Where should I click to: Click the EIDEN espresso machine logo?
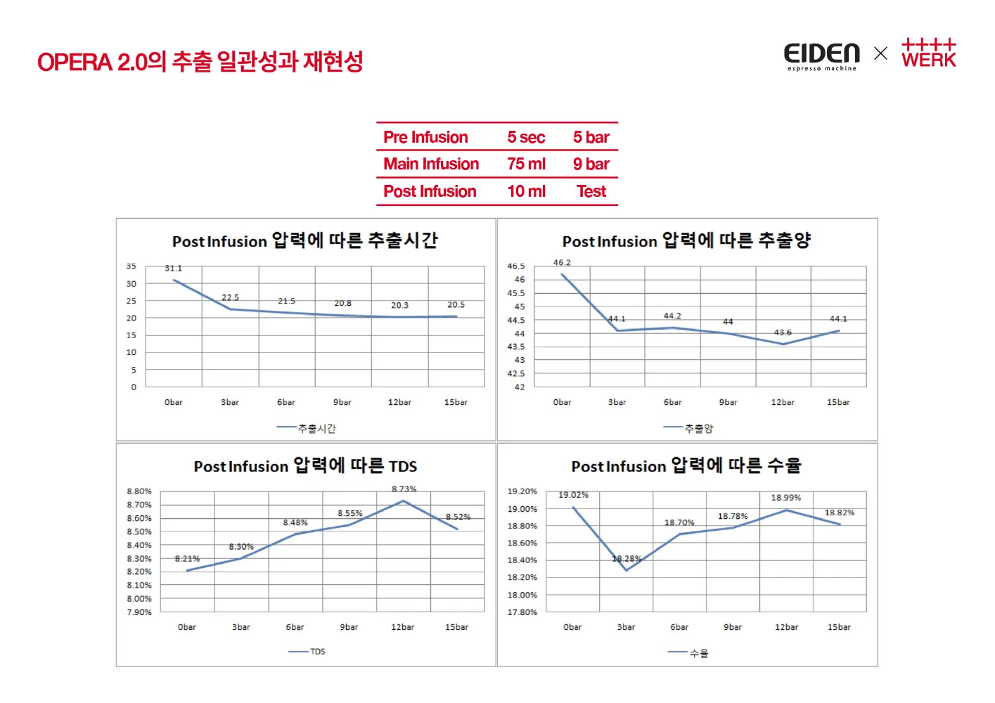(x=821, y=56)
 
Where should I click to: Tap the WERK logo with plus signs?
(x=928, y=53)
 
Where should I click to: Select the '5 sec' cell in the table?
(x=526, y=137)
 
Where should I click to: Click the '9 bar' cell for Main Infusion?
(x=591, y=164)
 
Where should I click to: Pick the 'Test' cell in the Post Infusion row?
(x=591, y=191)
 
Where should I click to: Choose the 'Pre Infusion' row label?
(x=425, y=137)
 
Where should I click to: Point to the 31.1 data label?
(x=173, y=269)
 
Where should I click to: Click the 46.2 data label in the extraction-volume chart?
(x=562, y=263)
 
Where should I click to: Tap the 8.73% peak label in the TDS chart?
(x=404, y=489)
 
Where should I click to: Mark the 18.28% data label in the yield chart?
(x=626, y=559)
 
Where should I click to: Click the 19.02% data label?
(x=573, y=495)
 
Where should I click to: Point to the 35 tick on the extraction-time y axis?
(x=131, y=266)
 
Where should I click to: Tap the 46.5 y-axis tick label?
(x=516, y=266)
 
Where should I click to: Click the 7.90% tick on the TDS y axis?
(x=139, y=612)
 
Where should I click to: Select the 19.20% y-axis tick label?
(x=522, y=491)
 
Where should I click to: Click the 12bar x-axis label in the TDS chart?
(x=402, y=627)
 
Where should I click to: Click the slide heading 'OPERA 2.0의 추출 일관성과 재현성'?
(x=200, y=62)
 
